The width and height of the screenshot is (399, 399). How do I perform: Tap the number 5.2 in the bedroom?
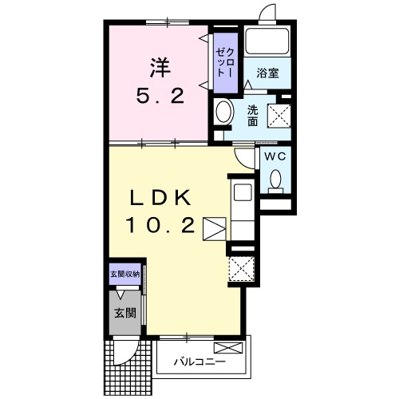click(160, 97)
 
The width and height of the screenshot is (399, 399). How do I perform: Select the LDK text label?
click(160, 198)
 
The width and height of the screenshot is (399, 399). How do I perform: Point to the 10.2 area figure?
click(160, 225)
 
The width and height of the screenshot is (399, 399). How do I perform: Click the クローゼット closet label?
click(226, 63)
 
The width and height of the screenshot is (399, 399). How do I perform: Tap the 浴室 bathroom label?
click(267, 73)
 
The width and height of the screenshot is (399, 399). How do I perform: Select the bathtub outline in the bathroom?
click(267, 41)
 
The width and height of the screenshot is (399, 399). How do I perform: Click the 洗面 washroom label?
click(252, 116)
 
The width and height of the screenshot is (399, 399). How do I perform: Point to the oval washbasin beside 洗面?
click(224, 112)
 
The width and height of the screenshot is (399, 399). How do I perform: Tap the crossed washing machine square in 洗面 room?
click(279, 116)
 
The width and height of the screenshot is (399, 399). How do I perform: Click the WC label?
click(275, 156)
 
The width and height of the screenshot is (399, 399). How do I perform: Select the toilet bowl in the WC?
click(275, 179)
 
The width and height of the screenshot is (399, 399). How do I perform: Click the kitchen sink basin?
click(243, 192)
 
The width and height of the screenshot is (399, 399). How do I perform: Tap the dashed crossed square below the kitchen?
click(242, 268)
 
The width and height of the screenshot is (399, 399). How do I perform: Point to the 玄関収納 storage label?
click(125, 275)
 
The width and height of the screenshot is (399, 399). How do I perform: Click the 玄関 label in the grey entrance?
click(125, 313)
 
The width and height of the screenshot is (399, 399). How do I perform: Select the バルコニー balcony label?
click(200, 361)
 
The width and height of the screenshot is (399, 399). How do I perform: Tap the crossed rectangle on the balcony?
click(228, 348)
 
